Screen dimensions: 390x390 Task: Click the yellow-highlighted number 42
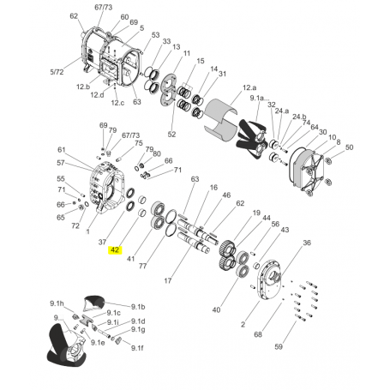click(x=114, y=250)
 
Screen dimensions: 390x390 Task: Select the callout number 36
click(x=308, y=243)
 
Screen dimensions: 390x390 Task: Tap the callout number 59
click(x=301, y=347)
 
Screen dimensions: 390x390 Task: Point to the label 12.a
click(x=249, y=87)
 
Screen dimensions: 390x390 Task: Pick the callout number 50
click(x=349, y=147)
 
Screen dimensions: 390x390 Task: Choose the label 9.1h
click(x=57, y=303)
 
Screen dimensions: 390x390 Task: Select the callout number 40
click(x=216, y=309)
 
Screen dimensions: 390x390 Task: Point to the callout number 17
click(x=168, y=280)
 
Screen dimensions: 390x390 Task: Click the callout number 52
click(x=171, y=135)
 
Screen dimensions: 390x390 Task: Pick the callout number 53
click(x=155, y=35)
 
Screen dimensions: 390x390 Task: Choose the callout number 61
click(x=61, y=149)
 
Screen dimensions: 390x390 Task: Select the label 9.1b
click(x=139, y=306)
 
